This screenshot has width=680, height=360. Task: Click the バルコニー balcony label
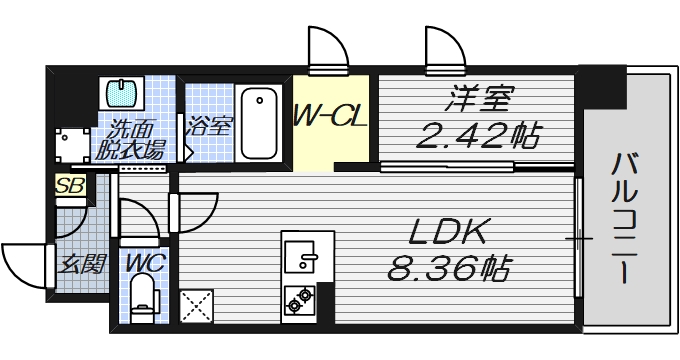627,215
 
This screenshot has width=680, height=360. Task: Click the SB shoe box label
69,185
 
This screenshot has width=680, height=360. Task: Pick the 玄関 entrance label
82,265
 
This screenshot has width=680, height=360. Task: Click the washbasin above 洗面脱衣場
124,94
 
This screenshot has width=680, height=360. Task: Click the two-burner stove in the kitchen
300,297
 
